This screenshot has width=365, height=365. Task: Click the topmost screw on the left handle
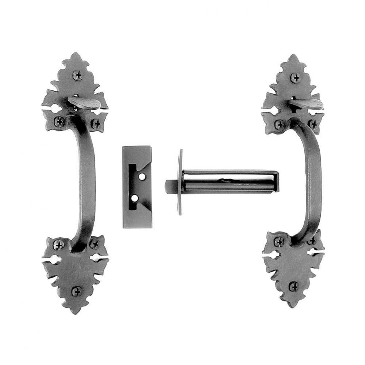point(77,75)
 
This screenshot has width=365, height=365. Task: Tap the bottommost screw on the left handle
point(76,291)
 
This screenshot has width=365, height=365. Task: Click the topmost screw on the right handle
point(295,78)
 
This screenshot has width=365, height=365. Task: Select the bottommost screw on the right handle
point(294,286)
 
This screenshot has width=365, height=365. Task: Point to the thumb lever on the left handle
point(85,103)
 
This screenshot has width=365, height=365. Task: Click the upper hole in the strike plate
point(142,177)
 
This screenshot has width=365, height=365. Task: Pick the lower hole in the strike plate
point(135,198)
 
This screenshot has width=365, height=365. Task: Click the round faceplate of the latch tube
point(180,182)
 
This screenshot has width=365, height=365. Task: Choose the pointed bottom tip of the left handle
point(76,312)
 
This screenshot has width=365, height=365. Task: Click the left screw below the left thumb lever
point(59,122)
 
